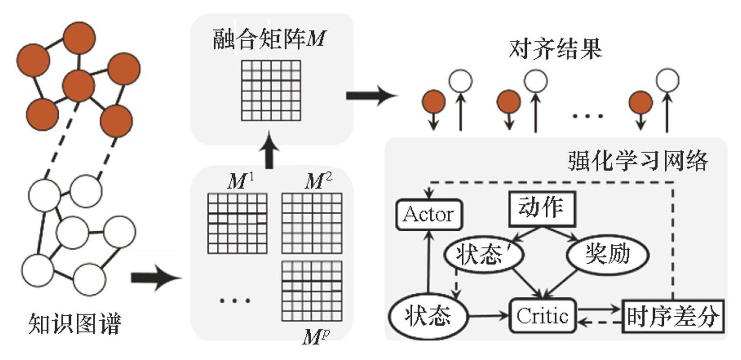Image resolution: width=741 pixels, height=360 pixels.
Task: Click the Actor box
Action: (x=428, y=214)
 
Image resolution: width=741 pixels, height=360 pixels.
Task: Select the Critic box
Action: (x=542, y=316)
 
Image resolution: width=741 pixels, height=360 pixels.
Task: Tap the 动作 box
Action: (x=541, y=208)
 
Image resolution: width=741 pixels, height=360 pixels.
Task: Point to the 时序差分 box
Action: (x=673, y=316)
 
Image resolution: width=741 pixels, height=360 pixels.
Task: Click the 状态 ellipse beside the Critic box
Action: (x=427, y=316)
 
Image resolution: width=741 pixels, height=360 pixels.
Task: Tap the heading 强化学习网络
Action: (x=637, y=161)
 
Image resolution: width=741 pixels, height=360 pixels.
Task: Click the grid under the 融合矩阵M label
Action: (x=271, y=90)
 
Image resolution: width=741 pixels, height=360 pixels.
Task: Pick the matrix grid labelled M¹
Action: (x=237, y=223)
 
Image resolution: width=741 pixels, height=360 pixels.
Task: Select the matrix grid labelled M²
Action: (x=312, y=223)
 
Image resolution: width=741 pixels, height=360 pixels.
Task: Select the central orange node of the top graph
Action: (x=78, y=86)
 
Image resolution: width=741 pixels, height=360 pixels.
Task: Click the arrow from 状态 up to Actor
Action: (x=428, y=262)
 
